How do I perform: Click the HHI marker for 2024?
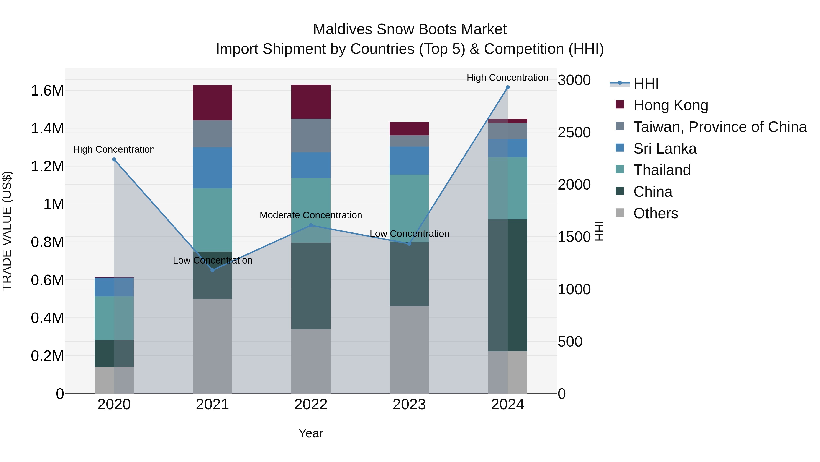pos(507,87)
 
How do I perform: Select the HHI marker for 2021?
pos(213,270)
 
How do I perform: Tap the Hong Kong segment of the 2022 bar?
pos(311,102)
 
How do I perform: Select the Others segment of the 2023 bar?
pos(409,350)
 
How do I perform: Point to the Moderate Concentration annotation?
pos(311,215)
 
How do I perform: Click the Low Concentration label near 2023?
pos(409,234)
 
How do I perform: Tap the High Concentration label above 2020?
pos(114,149)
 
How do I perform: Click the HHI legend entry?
pos(646,84)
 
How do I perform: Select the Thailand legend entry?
pos(662,170)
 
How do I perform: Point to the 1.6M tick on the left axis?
pos(47,91)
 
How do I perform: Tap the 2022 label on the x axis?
pos(311,405)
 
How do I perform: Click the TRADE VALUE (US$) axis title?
pos(7,231)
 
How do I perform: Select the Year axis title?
pos(311,433)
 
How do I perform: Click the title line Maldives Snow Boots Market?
pos(410,29)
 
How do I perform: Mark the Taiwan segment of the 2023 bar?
pos(409,141)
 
